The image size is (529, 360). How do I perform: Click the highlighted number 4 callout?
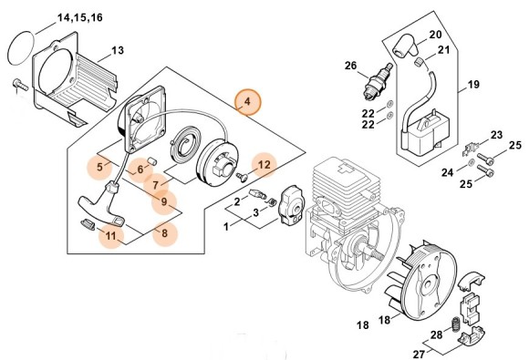248,103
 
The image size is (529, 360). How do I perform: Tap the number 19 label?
473,86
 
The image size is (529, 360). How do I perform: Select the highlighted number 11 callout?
110,236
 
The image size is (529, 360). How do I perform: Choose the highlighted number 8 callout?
164,233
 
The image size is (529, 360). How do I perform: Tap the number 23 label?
495,136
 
